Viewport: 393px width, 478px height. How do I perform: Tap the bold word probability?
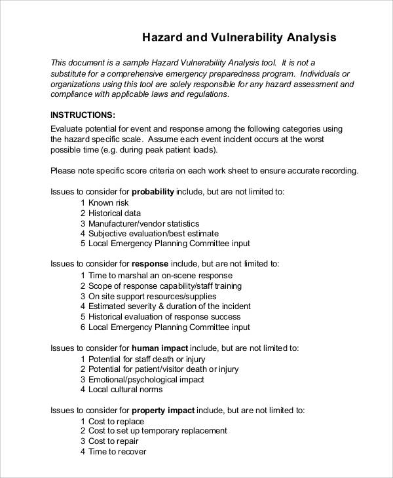click(x=153, y=192)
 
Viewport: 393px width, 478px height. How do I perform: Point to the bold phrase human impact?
click(x=160, y=348)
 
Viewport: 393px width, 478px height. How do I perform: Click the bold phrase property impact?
click(x=163, y=411)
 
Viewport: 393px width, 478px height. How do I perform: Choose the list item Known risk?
click(x=109, y=203)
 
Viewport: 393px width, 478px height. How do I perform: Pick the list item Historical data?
click(x=115, y=213)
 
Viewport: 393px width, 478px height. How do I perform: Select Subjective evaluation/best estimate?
click(x=153, y=234)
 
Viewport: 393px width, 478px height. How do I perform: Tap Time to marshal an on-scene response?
click(x=160, y=276)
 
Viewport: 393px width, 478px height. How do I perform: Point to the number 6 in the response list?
click(x=83, y=327)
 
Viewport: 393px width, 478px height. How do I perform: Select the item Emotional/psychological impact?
click(x=146, y=379)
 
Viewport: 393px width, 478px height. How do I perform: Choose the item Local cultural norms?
click(x=125, y=390)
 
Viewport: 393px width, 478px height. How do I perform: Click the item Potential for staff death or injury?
click(x=147, y=359)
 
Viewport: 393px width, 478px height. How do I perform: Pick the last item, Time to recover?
click(x=117, y=452)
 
